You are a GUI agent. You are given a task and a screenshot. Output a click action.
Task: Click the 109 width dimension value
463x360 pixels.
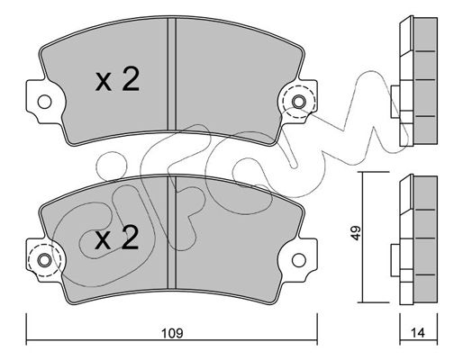pyautogui.click(x=172, y=333)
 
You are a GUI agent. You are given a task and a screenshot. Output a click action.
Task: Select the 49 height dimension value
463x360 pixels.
pyautogui.click(x=356, y=233)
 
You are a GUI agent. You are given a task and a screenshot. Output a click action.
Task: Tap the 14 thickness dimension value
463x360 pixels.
pyautogui.click(x=419, y=333)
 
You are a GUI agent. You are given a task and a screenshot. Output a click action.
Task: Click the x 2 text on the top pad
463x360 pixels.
pyautogui.click(x=117, y=79)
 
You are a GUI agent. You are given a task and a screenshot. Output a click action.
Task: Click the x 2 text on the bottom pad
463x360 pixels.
pyautogui.click(x=117, y=238)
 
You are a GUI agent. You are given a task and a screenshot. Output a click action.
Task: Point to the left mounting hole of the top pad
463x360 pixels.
pyautogui.click(x=44, y=102)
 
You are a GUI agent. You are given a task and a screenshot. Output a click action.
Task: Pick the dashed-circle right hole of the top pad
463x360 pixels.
pyautogui.click(x=299, y=102)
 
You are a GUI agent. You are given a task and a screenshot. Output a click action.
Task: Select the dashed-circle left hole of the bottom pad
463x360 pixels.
pyautogui.click(x=44, y=260)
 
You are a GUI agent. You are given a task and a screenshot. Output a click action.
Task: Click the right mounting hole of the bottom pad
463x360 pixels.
pyautogui.click(x=299, y=260)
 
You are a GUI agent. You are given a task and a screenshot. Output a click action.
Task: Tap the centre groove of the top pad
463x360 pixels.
pyautogui.click(x=171, y=74)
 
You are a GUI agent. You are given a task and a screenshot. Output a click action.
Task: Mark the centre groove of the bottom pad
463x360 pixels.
pyautogui.click(x=171, y=232)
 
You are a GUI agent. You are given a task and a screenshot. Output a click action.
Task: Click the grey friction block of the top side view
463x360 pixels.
pyautogui.click(x=425, y=80)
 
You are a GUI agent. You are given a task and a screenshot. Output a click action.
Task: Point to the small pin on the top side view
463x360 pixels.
pyautogui.click(x=395, y=102)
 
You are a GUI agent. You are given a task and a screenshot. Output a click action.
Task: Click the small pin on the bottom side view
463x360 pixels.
pyautogui.click(x=395, y=260)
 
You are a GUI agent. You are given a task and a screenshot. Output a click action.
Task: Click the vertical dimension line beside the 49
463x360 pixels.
pyautogui.click(x=363, y=237)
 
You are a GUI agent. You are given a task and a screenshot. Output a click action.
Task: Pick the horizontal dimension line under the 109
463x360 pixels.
pyautogui.click(x=172, y=340)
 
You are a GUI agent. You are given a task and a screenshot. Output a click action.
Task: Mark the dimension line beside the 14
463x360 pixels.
pyautogui.click(x=419, y=340)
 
